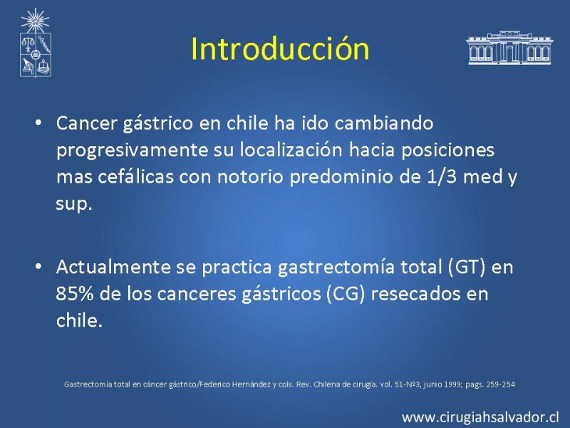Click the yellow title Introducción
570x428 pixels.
click(280, 49)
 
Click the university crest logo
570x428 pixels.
click(35, 43)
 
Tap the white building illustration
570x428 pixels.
click(509, 48)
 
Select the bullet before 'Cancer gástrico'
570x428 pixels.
click(38, 123)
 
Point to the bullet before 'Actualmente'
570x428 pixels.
click(38, 266)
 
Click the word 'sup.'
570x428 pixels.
click(74, 204)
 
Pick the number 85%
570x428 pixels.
click(75, 294)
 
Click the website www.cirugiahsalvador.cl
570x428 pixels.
click(480, 417)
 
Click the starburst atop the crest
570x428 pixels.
click(35, 20)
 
